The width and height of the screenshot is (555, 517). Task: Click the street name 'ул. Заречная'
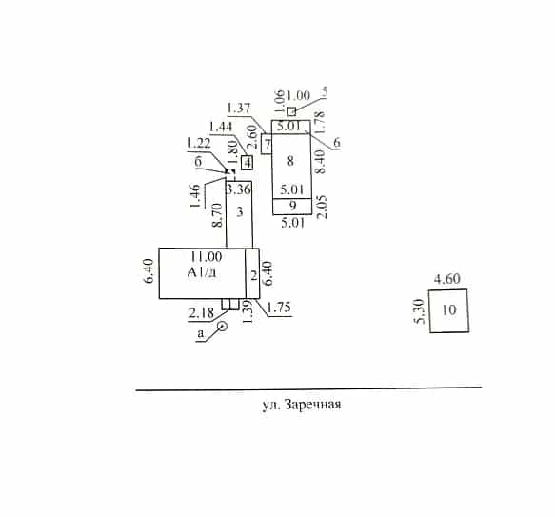point(302,405)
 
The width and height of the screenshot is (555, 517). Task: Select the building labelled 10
point(449,311)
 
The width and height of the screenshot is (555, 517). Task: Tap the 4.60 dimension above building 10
point(447,279)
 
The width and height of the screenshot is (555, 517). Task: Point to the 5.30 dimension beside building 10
point(420,311)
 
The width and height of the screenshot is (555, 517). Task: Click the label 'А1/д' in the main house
point(202,272)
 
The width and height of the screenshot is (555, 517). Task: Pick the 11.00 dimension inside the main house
point(207,256)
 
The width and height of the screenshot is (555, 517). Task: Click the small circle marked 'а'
point(222,327)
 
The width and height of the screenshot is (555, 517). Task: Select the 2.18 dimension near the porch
point(202,312)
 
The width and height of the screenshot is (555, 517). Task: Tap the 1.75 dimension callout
point(279,308)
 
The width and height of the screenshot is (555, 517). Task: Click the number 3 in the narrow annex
point(240,211)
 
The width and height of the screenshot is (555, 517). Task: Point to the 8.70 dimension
point(217,214)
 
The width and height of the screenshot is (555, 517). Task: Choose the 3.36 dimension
point(239,189)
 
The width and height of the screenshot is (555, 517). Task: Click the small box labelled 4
point(248,163)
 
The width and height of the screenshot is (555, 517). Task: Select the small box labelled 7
point(267,144)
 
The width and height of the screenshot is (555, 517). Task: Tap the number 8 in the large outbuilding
point(290,161)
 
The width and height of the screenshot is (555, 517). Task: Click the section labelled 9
point(292,206)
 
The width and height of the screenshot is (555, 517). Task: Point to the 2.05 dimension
point(322,207)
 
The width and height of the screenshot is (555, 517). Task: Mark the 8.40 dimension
point(320,162)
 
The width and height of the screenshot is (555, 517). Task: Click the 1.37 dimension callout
point(239,108)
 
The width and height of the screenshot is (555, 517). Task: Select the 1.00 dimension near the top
point(298,95)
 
